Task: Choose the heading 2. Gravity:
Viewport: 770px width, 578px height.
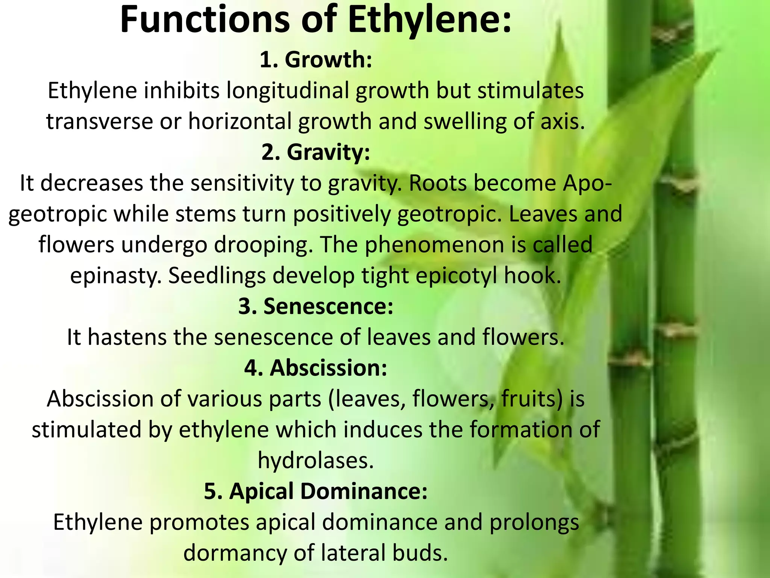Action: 316,152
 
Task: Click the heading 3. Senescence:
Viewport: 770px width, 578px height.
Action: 316,306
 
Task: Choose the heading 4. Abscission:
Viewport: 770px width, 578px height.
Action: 316,368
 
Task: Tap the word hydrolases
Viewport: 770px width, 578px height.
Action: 316,460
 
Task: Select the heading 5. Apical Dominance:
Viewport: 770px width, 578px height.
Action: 316,491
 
